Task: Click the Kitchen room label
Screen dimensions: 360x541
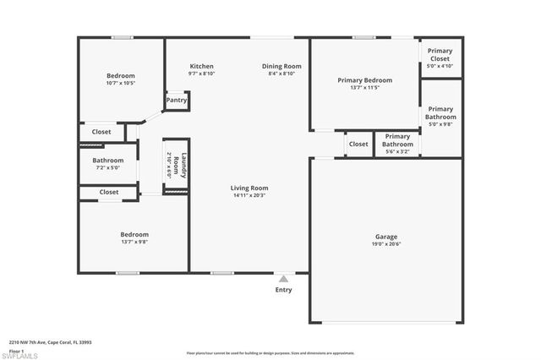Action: (x=201, y=66)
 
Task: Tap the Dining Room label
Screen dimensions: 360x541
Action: (x=281, y=66)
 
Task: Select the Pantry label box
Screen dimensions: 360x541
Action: (x=177, y=101)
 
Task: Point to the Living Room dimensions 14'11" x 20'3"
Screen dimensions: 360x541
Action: (x=249, y=195)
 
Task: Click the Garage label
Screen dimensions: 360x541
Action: (x=386, y=237)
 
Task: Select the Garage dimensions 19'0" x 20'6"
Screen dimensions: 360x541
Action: (x=386, y=244)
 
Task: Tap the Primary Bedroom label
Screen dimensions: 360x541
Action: (x=364, y=80)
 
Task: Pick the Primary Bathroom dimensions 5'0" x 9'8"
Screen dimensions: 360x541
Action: (x=440, y=124)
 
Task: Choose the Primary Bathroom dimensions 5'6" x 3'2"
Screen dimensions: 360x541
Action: (x=397, y=151)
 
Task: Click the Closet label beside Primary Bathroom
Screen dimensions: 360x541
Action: (x=358, y=145)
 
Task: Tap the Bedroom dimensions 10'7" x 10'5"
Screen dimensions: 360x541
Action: (x=122, y=83)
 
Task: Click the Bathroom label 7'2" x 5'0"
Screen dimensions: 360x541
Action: (x=108, y=161)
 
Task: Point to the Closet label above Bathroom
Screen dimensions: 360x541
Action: (x=101, y=132)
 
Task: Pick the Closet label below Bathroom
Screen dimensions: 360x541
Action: (x=108, y=192)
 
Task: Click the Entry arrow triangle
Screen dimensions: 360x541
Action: (x=283, y=277)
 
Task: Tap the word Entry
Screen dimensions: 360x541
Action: (x=283, y=290)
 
